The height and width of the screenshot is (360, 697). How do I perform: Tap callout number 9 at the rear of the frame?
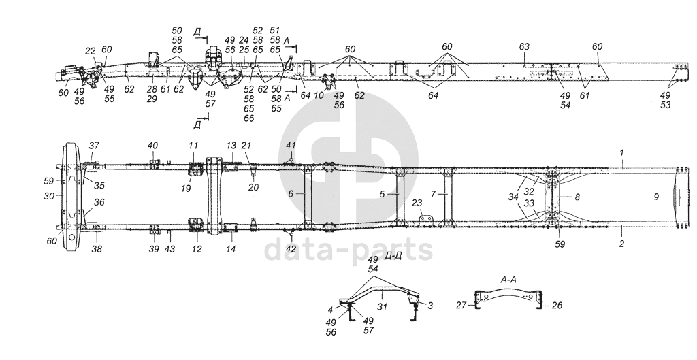coord(655,197)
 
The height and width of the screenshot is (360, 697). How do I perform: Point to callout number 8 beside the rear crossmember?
coord(578,197)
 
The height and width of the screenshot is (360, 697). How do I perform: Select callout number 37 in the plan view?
coord(94,146)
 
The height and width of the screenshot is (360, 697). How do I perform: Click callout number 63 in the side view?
coord(523,46)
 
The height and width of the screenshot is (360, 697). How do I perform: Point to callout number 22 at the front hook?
coord(91,50)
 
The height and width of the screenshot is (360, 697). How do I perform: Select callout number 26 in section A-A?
coord(557,306)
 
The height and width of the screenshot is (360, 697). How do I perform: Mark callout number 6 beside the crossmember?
coord(291,193)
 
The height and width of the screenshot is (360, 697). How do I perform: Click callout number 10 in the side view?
coord(319,95)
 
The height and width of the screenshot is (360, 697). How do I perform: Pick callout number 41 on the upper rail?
coord(291,146)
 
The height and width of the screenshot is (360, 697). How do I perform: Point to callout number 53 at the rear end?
coord(665,105)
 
